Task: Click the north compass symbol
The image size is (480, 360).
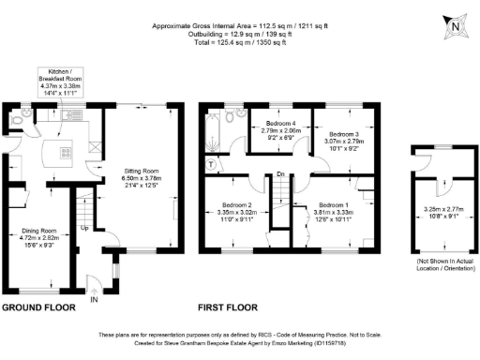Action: pyautogui.click(x=456, y=27)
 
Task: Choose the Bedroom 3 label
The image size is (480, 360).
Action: pyautogui.click(x=345, y=141)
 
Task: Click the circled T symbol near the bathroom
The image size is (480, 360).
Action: pyautogui.click(x=212, y=162)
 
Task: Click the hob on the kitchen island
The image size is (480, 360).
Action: pyautogui.click(x=65, y=151)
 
